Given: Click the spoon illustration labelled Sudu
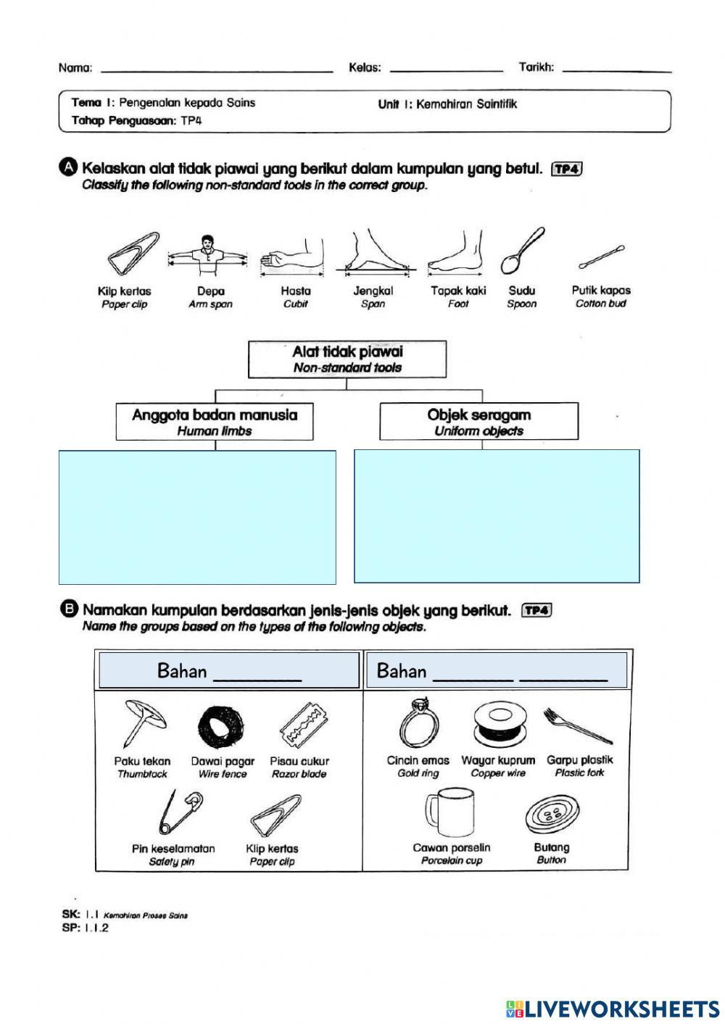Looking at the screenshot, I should pos(522,251).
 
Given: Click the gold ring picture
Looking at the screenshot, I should pos(419,723).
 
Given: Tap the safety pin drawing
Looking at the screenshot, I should pos(178,812).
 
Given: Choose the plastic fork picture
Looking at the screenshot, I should pos(578,726).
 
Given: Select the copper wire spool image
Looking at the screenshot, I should pos(497,725).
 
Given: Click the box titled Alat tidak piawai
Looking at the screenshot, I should pos(347,359).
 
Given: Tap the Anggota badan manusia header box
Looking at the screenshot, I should pos(215,422).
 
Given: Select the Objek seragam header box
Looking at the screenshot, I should pos(479,422).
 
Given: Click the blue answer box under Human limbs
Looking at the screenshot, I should pos(197,517).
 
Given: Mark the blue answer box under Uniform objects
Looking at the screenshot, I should pos(497,516).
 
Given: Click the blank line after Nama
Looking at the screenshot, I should pos(217,70).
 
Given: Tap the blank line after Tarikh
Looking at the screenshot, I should pos(617,70).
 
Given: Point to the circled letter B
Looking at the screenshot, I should pos(70,609).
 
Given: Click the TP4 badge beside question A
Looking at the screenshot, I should pos(567,169).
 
